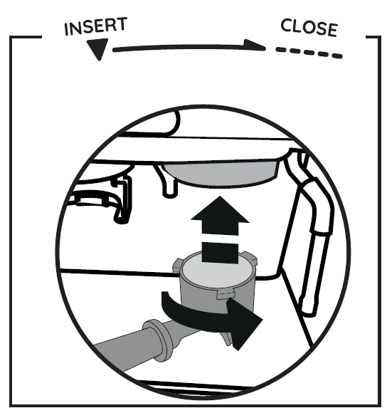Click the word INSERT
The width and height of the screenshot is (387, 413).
[96, 26]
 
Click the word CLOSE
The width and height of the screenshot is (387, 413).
[309, 28]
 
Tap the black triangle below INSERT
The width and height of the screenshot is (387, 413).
[97, 49]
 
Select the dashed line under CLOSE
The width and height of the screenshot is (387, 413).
[309, 52]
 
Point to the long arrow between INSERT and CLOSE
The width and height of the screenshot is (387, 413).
[189, 47]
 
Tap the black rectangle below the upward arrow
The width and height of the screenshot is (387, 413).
[220, 252]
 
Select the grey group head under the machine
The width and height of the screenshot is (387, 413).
[221, 174]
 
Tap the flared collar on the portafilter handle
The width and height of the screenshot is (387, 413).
[158, 340]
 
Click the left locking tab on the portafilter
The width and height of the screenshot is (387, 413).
[177, 266]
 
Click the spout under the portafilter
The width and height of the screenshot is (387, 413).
[227, 339]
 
